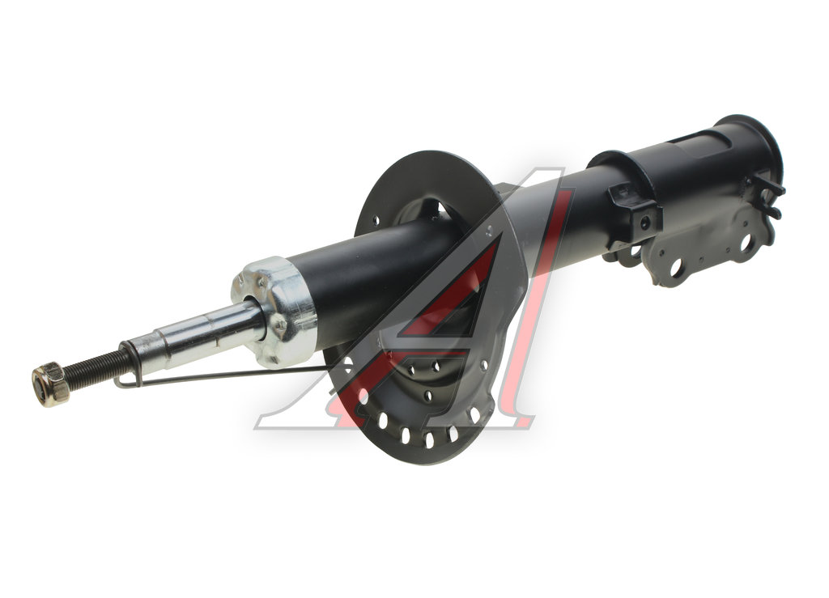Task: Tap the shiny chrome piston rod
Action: point(196,333)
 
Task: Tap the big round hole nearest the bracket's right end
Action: point(746,242)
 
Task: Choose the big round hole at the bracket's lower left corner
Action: point(676,267)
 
